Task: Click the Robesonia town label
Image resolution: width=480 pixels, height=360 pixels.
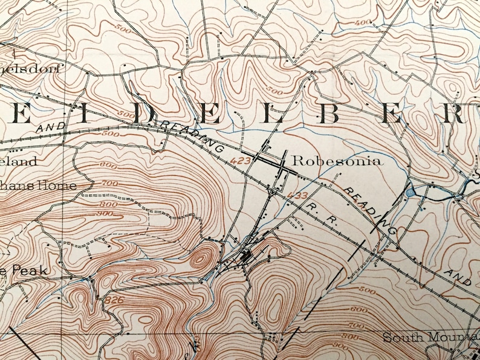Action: coord(336,161)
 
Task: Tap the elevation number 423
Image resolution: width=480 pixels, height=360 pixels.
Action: coord(245,160)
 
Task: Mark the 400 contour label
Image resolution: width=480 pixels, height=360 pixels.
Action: coord(363,22)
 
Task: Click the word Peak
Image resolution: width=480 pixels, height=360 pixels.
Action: coord(19,271)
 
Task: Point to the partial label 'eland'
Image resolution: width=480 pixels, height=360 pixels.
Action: coord(18,162)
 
